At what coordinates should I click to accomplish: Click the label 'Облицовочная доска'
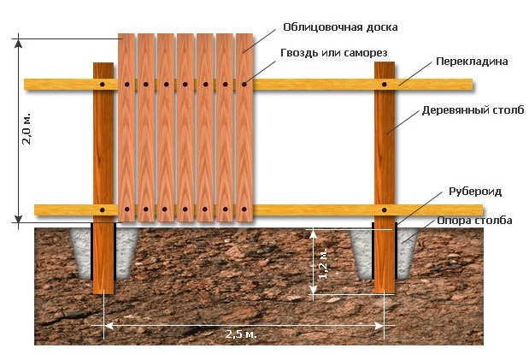[340, 27]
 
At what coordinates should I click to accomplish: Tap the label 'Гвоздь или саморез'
[334, 53]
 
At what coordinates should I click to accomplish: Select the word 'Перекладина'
[472, 62]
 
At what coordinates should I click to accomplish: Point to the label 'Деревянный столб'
[473, 110]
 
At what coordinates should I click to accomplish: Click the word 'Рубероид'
[475, 192]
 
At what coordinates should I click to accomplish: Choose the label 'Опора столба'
[474, 221]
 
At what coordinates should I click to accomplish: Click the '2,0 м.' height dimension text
[26, 128]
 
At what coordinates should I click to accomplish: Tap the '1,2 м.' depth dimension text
[323, 264]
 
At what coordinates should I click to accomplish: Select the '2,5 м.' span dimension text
[241, 334]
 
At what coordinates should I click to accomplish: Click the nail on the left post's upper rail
[103, 85]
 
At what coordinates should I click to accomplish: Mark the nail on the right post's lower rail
[385, 210]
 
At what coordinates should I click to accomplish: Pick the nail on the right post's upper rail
[385, 85]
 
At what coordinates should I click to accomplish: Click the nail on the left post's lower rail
[103, 210]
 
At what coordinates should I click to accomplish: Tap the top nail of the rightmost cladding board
[244, 85]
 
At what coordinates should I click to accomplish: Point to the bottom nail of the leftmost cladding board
[126, 210]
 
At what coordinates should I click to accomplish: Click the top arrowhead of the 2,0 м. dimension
[18, 43]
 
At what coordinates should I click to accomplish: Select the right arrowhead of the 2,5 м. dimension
[380, 326]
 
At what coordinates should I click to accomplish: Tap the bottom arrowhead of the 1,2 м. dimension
[314, 289]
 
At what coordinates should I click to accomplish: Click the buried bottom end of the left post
[103, 292]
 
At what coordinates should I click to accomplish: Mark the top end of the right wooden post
[385, 62]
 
